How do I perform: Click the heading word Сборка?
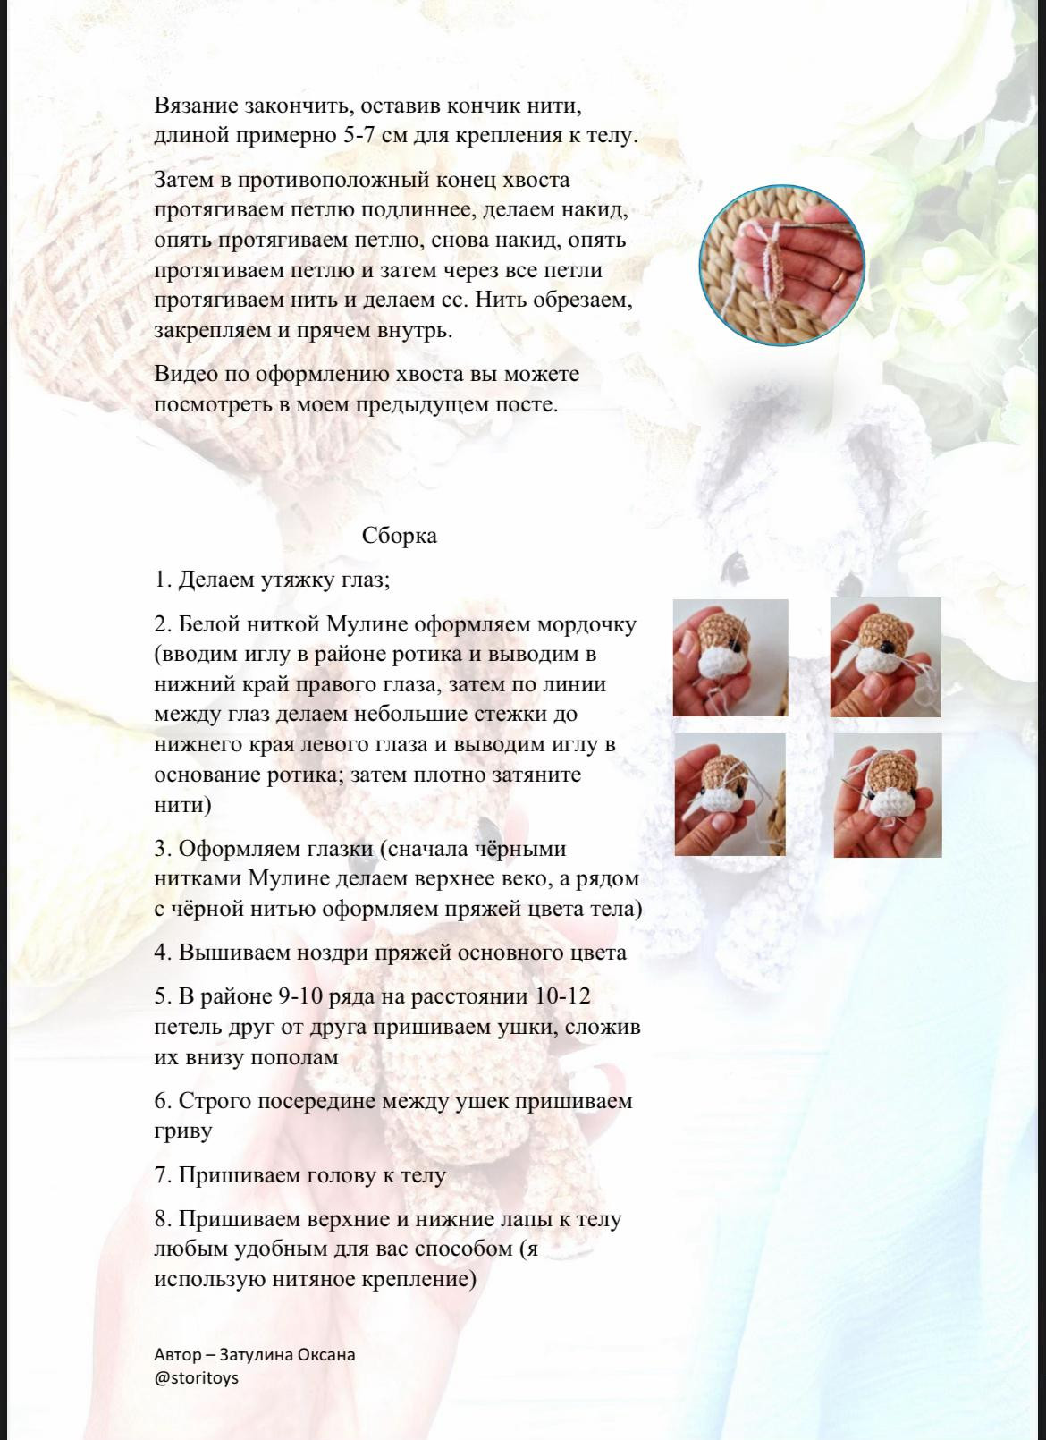coord(399,536)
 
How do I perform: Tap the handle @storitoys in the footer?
coord(197,1377)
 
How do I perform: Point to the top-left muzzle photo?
coord(730,657)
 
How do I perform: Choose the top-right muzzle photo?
coord(885,656)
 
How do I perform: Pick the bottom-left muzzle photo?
coord(730,795)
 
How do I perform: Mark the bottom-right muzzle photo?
coord(887,795)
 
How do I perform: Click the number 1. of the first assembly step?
coord(163,580)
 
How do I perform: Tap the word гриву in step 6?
coord(183,1131)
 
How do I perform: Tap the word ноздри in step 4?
coord(304,953)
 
